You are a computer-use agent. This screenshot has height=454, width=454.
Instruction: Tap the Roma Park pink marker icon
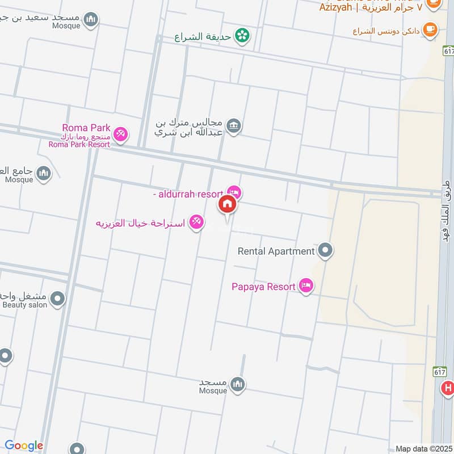(x=120, y=135)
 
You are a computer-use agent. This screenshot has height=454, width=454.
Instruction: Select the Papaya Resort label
(x=263, y=287)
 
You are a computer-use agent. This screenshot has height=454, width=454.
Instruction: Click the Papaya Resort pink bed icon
(x=306, y=287)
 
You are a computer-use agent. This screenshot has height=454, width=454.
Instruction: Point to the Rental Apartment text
(x=276, y=251)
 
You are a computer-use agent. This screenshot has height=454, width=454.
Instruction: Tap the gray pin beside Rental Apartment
(x=325, y=250)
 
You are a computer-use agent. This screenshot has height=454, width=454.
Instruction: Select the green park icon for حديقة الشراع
(x=243, y=35)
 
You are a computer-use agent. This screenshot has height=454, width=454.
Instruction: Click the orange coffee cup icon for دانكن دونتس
(x=431, y=30)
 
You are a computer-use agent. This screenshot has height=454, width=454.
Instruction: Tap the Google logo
(x=24, y=446)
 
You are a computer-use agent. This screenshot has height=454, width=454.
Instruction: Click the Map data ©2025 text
(x=423, y=448)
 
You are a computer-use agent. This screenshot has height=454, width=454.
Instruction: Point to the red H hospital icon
(x=448, y=389)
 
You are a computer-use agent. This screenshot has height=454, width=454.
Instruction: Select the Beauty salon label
(x=25, y=305)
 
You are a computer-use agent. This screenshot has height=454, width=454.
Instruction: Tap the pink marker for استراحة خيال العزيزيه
(x=196, y=222)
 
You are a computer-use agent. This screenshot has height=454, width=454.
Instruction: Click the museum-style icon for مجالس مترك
(x=233, y=125)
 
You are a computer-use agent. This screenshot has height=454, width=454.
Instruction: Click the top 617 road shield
(x=448, y=51)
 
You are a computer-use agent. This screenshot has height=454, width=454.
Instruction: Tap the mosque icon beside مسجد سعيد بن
(x=91, y=20)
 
